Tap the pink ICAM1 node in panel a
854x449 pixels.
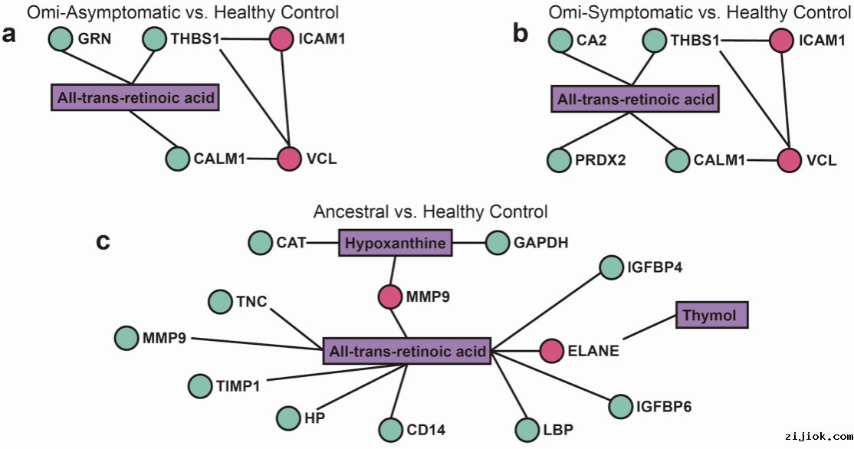(282, 39)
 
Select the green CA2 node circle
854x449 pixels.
(560, 39)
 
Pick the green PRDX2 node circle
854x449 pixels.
(559, 161)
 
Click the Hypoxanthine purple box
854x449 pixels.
(395, 244)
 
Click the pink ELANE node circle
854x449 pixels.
(552, 351)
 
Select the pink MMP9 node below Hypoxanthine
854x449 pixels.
(389, 295)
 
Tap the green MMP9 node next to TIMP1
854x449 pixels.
(126, 337)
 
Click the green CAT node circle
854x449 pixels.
(259, 244)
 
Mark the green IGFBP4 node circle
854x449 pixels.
(611, 267)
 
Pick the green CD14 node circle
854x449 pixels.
(390, 429)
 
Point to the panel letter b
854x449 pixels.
(521, 35)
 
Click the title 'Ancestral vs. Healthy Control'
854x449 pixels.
(430, 211)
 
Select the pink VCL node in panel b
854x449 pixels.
(789, 160)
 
